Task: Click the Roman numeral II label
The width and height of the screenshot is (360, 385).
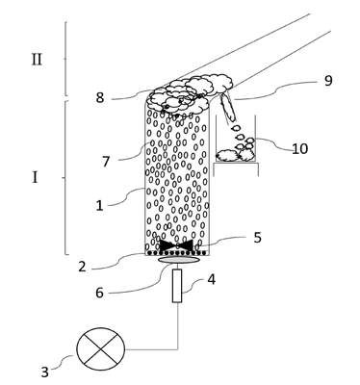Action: click(x=37, y=60)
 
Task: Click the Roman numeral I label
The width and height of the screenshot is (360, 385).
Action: click(x=35, y=177)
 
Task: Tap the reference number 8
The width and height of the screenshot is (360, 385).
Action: click(x=100, y=97)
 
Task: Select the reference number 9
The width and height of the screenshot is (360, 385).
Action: click(x=327, y=80)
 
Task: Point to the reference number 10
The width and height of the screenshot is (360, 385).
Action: click(x=300, y=148)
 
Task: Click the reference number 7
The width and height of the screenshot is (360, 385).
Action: click(x=106, y=161)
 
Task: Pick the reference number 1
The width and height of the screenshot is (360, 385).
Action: click(x=100, y=205)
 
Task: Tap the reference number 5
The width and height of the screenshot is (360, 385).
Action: click(x=257, y=238)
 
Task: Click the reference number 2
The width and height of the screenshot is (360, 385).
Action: click(x=82, y=267)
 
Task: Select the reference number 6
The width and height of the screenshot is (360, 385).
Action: click(x=100, y=293)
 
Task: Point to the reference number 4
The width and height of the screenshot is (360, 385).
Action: click(x=211, y=279)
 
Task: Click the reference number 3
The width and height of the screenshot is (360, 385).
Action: click(x=44, y=372)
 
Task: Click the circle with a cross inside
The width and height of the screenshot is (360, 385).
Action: click(x=101, y=348)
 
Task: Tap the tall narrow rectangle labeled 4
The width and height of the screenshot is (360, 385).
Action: click(x=177, y=286)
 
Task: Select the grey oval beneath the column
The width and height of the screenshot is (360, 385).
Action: click(x=178, y=260)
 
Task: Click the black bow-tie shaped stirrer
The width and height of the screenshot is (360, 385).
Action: click(x=176, y=245)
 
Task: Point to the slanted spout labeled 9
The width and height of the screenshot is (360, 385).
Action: click(x=227, y=108)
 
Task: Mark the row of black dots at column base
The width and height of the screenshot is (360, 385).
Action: click(x=177, y=253)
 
